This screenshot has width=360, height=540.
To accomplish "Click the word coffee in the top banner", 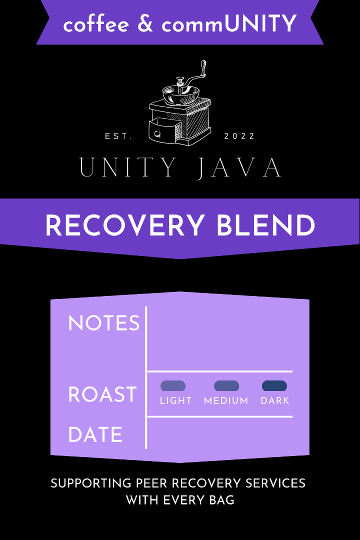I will (95, 23).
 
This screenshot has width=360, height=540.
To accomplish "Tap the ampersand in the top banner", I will (145, 23).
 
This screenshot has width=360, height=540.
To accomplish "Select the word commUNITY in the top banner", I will (229, 23).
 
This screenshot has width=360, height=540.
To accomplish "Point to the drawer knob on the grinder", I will (158, 133).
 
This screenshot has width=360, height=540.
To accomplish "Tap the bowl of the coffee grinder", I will (180, 95).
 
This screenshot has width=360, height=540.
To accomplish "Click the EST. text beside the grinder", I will (118, 136).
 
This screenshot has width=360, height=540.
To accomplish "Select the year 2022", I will (240, 136).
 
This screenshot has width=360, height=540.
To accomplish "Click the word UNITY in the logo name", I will (127, 168).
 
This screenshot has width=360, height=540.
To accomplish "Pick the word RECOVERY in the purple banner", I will (125, 226).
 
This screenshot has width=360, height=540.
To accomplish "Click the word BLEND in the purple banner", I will (266, 226).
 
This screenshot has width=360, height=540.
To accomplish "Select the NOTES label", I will (104, 323).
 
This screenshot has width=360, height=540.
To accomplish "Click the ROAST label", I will (102, 394).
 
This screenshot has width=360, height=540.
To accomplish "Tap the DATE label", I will (95, 434).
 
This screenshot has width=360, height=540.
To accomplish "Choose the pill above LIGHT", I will (173, 385).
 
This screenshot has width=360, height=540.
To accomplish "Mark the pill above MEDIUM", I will (226, 385).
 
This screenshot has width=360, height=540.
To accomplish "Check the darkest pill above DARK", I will (274, 385).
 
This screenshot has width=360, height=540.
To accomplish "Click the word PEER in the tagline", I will (154, 483).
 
